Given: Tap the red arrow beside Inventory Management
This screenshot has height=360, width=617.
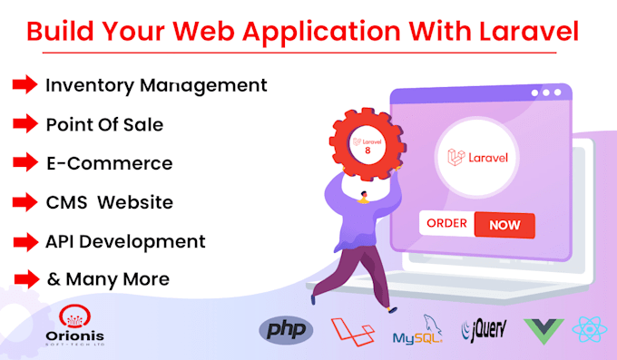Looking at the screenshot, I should (24, 84).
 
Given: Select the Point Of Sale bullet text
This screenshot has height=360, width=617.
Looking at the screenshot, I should (104, 124).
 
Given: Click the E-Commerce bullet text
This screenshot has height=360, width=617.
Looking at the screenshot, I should (109, 163).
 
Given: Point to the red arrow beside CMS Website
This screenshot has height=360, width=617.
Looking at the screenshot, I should (24, 202).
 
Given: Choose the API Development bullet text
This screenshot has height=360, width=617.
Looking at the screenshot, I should (125, 241).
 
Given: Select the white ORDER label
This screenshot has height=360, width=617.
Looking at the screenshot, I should (446, 224).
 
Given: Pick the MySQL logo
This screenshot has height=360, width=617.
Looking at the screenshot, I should (418, 333).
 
